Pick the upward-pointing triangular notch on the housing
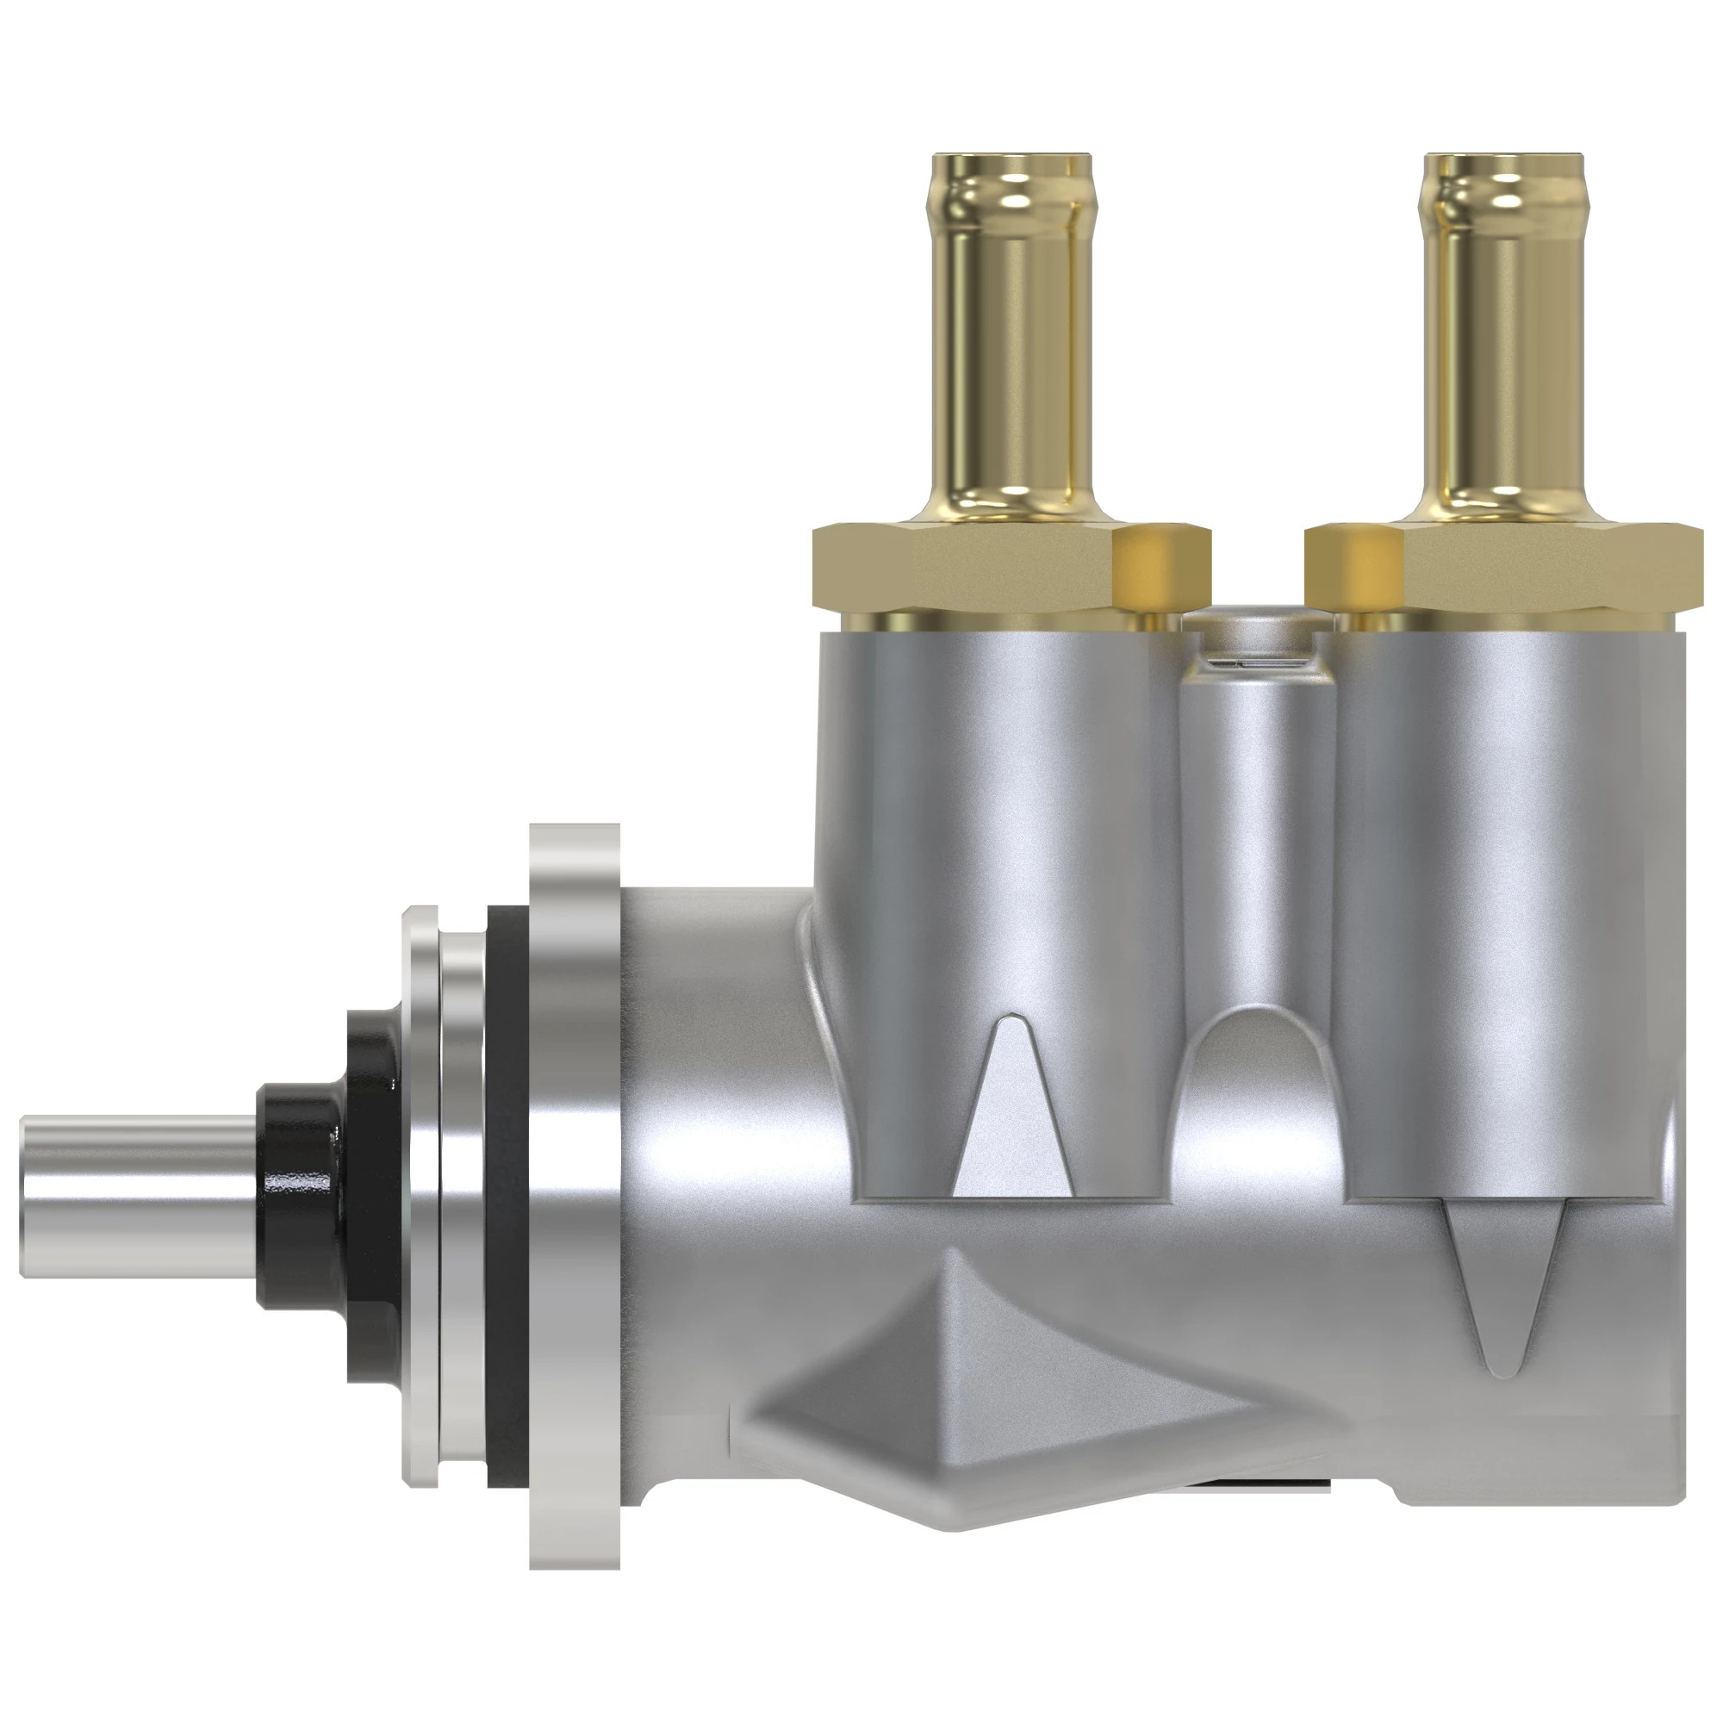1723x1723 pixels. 1012,1115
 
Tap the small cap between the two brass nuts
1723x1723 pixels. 1257,638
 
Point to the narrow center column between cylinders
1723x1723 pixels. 1257,847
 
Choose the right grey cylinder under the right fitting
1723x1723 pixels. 1507,847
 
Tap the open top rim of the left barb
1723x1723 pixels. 1013,159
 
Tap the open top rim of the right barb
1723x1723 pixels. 1505,159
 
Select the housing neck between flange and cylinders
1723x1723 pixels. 713,1115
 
